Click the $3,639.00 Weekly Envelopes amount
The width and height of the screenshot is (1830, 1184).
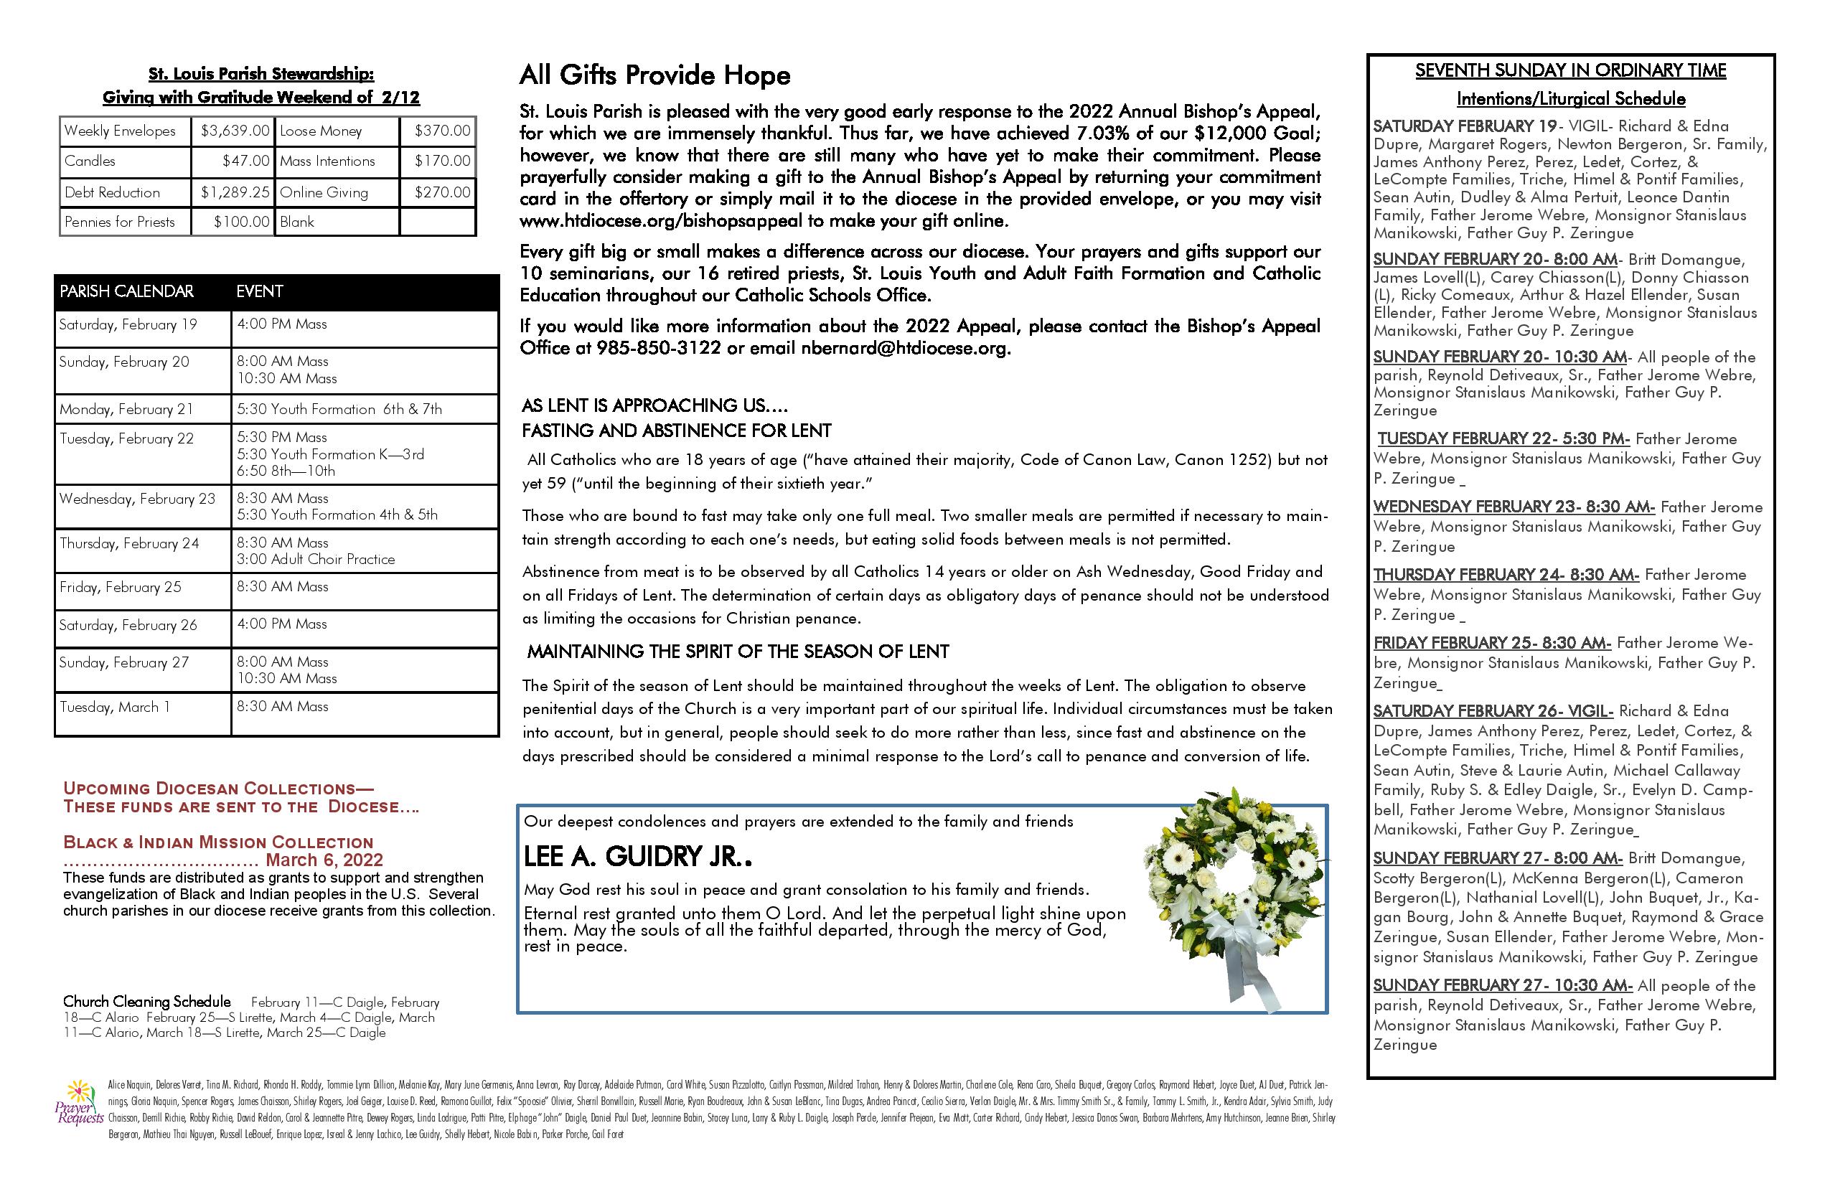point(235,131)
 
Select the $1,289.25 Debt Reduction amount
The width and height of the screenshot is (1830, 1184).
point(235,192)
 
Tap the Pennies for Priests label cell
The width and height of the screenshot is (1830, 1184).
point(120,222)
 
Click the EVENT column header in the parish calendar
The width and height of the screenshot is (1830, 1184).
point(259,291)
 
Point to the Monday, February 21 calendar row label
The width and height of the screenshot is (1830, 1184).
point(126,409)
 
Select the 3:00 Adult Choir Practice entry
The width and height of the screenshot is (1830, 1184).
point(315,560)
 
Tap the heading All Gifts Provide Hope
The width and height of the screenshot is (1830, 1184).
point(654,75)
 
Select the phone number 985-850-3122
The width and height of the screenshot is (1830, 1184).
point(658,348)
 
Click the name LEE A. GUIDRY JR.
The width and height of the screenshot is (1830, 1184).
point(637,857)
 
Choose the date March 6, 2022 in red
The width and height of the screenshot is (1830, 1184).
point(324,860)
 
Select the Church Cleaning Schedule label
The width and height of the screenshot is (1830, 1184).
point(147,1002)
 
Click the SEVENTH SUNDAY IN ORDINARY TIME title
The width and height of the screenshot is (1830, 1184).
point(1570,71)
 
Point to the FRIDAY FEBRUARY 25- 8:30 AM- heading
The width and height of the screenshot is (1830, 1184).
point(1492,643)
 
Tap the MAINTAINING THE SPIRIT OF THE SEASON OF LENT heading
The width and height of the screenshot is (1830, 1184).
point(738,652)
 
